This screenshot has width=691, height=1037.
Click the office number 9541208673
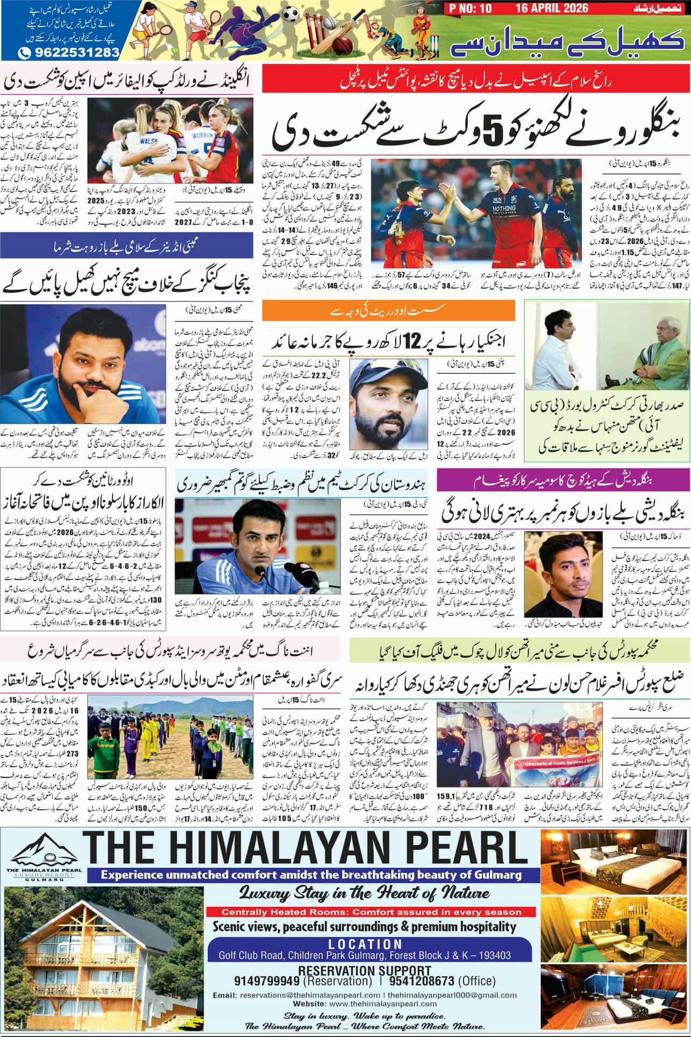(x=420, y=981)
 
